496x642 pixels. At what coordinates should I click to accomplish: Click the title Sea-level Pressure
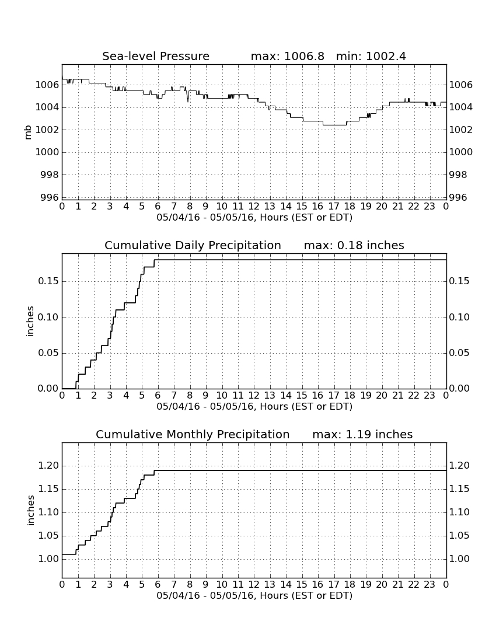pos(156,56)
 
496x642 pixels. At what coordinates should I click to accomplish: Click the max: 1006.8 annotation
pos(287,56)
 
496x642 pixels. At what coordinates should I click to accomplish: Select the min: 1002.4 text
pos(371,56)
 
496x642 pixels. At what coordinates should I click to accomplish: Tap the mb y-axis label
pos(28,132)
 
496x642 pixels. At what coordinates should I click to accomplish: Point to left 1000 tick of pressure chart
pos(47,152)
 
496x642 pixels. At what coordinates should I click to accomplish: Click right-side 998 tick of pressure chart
pos(458,175)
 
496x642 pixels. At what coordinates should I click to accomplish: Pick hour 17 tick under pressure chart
pos(334,207)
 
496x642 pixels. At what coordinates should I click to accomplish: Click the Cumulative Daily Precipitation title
pos(193,245)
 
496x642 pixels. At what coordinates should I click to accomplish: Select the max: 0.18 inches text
pos(354,245)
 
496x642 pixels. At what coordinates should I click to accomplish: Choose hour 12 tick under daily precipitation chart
pos(254,396)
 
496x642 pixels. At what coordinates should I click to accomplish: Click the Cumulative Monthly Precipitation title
pos(193,434)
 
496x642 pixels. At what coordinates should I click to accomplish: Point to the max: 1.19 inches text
pos(362,434)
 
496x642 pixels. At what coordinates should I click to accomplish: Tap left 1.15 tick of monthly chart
pos(48,489)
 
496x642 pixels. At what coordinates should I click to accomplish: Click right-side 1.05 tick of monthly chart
pos(459,536)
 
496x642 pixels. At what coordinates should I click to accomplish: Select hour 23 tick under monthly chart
pos(429,585)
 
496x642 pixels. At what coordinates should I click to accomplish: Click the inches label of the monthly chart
pos(30,511)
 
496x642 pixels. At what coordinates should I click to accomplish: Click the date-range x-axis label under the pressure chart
pos(254,218)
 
